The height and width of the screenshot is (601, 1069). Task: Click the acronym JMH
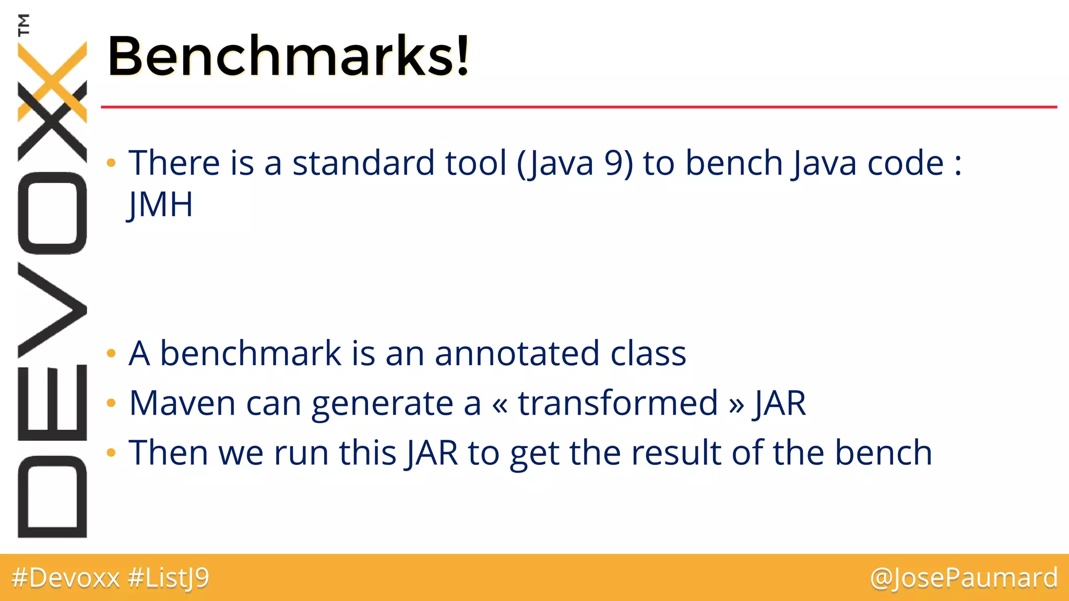160,205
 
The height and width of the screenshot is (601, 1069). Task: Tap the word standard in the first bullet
363,163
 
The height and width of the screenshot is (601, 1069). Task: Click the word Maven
182,403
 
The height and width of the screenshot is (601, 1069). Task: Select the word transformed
617,403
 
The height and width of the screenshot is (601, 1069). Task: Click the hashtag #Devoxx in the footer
66,578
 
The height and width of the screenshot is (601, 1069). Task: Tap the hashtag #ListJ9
168,578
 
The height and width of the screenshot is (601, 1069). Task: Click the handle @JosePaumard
964,578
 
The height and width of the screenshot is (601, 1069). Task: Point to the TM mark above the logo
23,25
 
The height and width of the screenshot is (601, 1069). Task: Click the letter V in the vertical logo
52,310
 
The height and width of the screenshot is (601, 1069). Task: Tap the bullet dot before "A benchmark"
111,354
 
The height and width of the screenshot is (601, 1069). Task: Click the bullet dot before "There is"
111,163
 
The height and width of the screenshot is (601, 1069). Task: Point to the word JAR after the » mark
780,403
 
